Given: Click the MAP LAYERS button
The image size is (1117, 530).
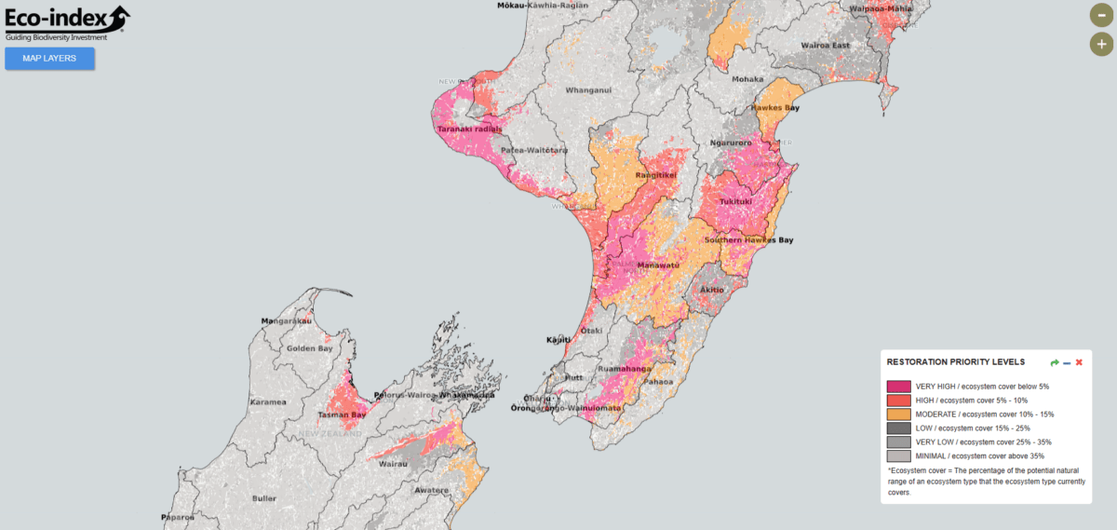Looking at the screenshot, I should point(49,58).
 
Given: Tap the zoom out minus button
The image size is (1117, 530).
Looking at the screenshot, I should point(1101,15).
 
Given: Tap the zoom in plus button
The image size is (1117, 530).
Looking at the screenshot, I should point(1101,44).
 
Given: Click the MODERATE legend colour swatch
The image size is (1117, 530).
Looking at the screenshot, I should point(898,414).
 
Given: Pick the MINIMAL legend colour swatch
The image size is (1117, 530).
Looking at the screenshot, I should point(898,456).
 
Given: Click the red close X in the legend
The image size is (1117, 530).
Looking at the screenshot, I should point(1079,362).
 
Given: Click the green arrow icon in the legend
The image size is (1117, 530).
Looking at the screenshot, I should point(1055,362).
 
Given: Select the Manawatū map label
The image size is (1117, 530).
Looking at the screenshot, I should point(657,265).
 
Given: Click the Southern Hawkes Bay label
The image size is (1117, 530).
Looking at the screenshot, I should point(748,240).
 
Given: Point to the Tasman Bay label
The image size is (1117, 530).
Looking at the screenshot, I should point(342,414).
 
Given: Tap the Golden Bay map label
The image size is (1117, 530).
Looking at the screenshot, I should point(310,348).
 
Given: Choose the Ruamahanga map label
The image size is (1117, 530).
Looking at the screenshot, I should point(625,368).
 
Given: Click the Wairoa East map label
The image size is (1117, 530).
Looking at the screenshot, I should point(826,45).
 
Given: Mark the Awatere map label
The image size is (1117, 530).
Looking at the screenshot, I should point(431,490).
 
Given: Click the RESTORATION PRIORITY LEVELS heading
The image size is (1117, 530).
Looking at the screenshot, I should point(956,362).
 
